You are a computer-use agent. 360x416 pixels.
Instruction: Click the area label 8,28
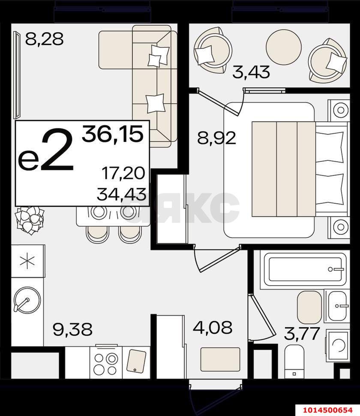point(44,39)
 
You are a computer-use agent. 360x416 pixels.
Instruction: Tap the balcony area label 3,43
point(251,72)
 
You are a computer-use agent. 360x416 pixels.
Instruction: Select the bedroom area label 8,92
point(216,138)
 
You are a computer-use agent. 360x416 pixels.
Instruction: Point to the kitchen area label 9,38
point(72,329)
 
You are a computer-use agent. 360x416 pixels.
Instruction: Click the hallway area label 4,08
point(213,327)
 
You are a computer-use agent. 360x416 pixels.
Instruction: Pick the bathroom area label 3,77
point(302,334)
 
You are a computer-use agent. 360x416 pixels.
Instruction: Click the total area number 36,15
point(113,133)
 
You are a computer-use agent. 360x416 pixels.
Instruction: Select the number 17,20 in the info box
point(123,173)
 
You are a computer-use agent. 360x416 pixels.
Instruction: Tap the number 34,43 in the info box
point(121,194)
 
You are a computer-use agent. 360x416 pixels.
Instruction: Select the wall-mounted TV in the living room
point(17,75)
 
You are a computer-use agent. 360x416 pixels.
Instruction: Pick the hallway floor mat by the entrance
point(220,359)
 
